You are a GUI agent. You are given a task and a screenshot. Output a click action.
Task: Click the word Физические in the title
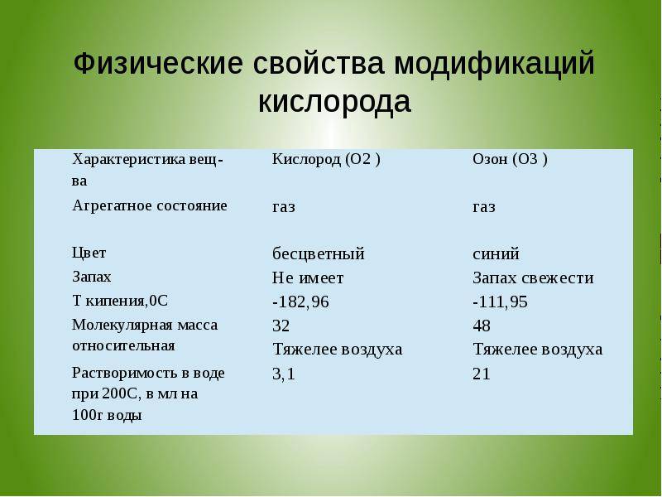click(x=158, y=64)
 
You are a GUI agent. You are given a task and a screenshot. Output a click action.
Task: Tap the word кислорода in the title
click(x=334, y=102)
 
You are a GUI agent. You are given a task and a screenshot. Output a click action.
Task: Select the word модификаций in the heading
click(x=494, y=65)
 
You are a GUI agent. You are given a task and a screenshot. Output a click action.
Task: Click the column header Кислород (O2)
click(x=326, y=159)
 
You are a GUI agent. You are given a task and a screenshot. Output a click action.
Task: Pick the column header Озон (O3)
click(x=510, y=159)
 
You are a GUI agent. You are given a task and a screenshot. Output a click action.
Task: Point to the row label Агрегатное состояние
click(x=150, y=205)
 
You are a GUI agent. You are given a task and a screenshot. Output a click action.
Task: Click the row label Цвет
click(x=89, y=253)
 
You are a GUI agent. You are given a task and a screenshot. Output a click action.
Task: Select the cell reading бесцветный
click(x=319, y=253)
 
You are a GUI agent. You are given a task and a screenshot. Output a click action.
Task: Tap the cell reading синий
click(x=496, y=254)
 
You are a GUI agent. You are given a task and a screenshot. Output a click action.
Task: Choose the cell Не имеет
click(x=308, y=277)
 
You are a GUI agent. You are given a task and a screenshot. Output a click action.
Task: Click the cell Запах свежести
click(x=533, y=277)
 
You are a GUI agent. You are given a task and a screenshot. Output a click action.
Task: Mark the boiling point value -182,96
click(x=300, y=302)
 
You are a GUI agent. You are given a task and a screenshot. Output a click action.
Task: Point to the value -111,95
click(x=501, y=302)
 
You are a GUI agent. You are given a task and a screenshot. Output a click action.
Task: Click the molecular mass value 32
click(x=281, y=326)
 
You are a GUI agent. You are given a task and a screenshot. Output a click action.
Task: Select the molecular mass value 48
click(x=482, y=326)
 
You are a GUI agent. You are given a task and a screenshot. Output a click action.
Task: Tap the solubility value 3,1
click(x=284, y=374)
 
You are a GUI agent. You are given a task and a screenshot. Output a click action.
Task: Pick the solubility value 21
click(x=482, y=374)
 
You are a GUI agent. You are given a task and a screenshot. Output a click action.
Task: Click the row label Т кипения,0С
click(x=120, y=301)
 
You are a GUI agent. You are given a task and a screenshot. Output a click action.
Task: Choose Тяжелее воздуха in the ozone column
click(x=537, y=350)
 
